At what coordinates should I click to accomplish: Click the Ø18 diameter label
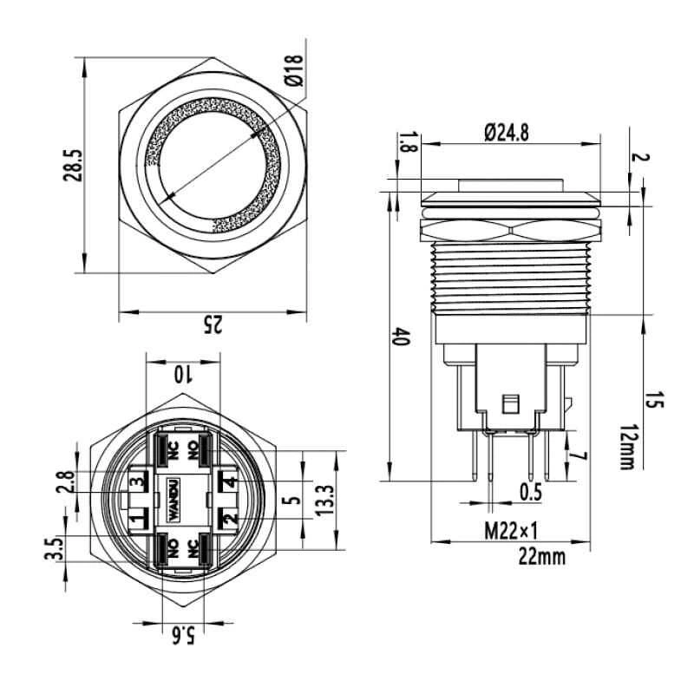click(294, 70)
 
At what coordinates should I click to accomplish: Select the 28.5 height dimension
click(73, 165)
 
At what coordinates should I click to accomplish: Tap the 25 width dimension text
click(212, 324)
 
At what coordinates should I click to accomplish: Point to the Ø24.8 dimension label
click(507, 133)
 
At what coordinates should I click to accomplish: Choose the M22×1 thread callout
click(511, 531)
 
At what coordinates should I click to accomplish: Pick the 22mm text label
click(541, 556)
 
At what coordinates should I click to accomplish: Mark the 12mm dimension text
click(627, 447)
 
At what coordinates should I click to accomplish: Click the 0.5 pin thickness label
click(531, 492)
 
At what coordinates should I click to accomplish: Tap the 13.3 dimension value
click(324, 501)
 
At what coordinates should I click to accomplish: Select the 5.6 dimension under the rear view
click(183, 637)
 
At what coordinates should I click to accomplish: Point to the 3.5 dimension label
click(55, 548)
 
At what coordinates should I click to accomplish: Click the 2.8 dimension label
click(66, 482)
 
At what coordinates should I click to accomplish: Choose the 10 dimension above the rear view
click(182, 375)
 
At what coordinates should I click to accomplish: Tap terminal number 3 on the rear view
click(138, 481)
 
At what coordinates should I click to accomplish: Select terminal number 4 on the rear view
click(229, 481)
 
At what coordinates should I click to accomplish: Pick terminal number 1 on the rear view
click(138, 517)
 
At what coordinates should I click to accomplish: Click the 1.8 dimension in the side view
click(409, 142)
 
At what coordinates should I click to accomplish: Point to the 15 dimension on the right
click(655, 400)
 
